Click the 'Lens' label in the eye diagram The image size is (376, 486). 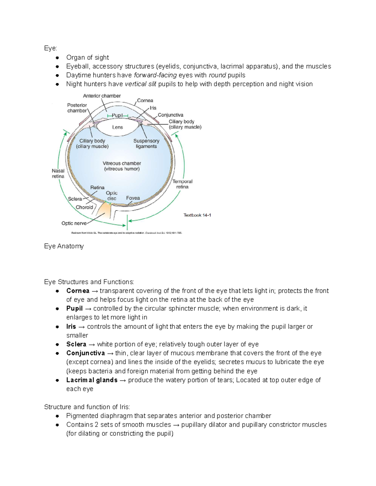point(118,127)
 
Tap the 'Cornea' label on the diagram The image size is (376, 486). point(145,100)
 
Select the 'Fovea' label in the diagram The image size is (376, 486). point(133,198)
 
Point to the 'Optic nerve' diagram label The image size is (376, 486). point(74,223)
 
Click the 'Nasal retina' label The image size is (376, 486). point(58,174)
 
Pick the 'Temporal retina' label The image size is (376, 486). point(182,184)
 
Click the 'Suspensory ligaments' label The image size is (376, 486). point(146,144)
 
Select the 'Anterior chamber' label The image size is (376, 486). point(102,96)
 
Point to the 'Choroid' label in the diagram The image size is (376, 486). point(84,207)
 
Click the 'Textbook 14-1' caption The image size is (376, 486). point(197,215)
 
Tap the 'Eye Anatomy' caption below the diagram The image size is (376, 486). point(64,246)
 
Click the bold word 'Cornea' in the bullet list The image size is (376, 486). point(78,291)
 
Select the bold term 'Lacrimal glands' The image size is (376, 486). point(92,380)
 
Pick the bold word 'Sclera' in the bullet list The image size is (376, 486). point(76,344)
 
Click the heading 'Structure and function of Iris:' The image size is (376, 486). point(87,407)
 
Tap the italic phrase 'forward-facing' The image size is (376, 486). point(155,75)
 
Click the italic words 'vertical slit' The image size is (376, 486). point(140,84)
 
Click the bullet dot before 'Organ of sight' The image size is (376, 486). point(57,58)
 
